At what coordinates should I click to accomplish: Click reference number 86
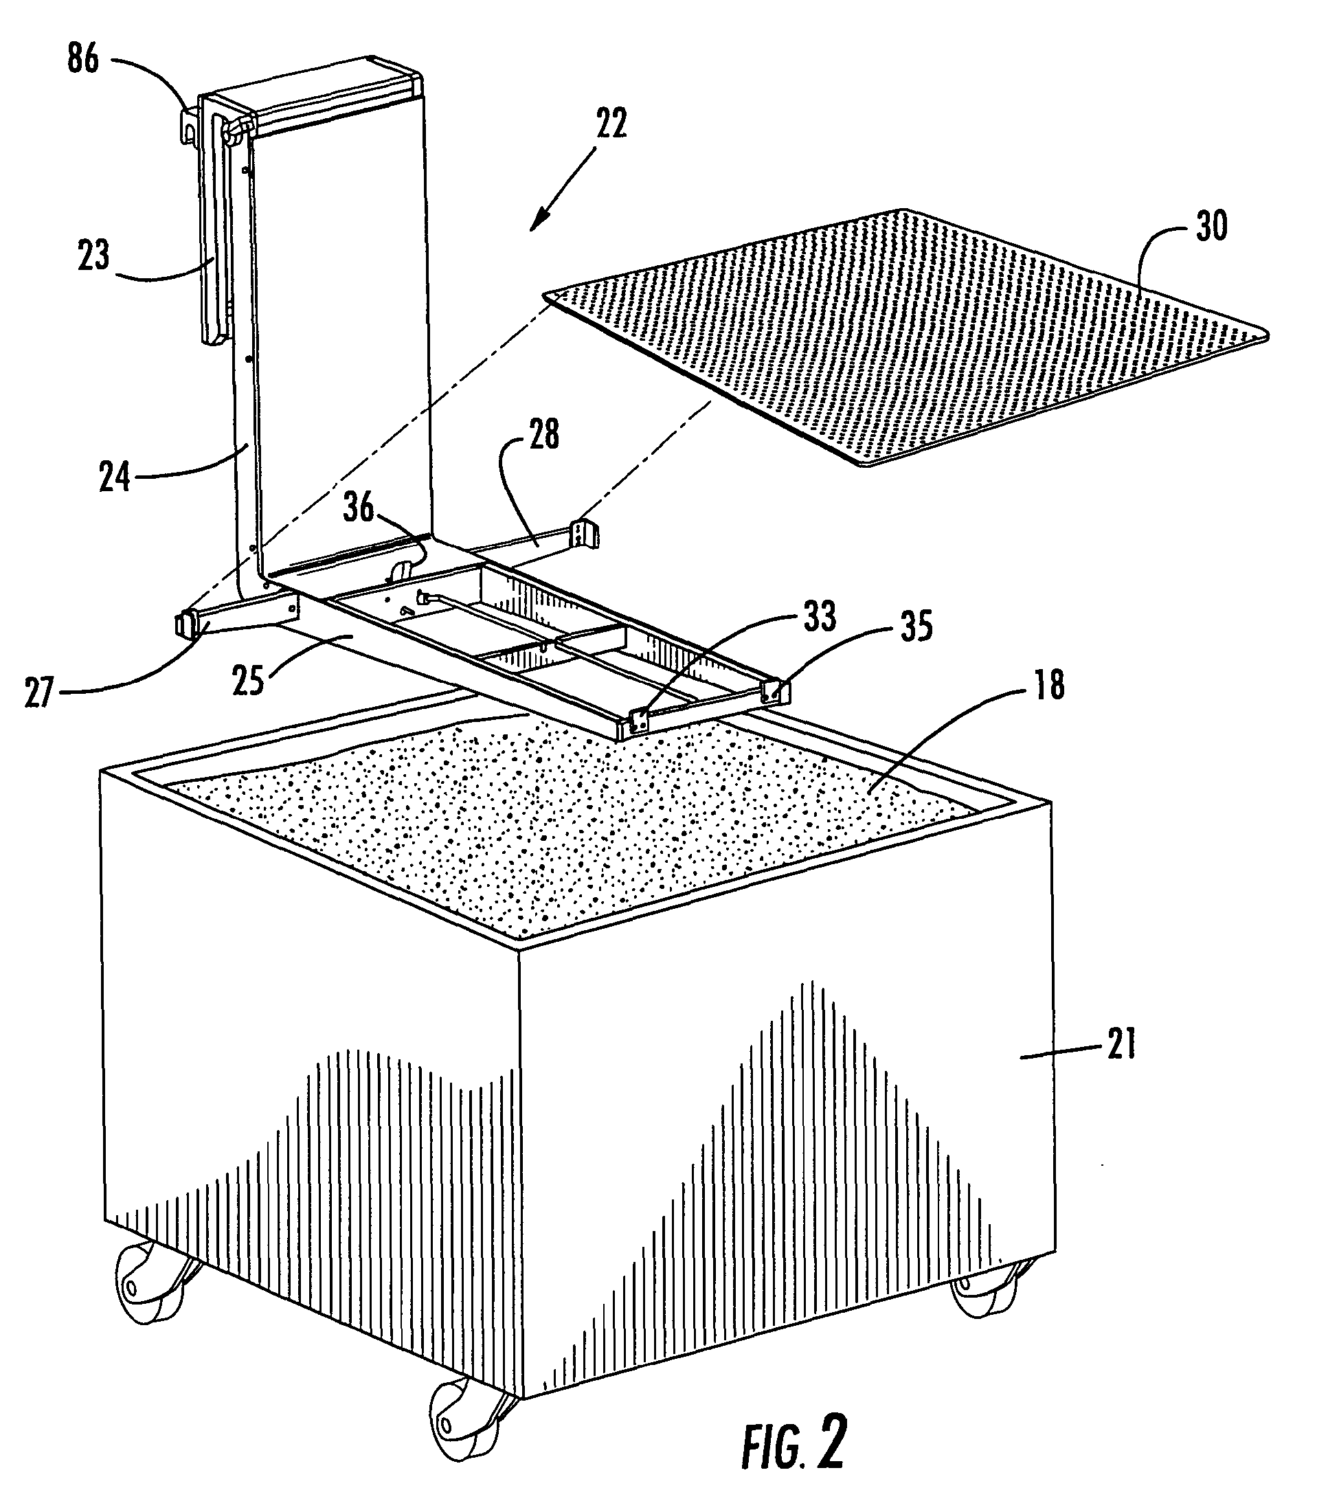pyautogui.click(x=82, y=58)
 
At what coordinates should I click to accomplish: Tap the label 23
pyautogui.click(x=93, y=256)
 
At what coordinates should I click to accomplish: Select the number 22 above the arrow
pyautogui.click(x=611, y=124)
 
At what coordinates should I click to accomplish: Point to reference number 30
pyautogui.click(x=1211, y=227)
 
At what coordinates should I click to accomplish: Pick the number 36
pyautogui.click(x=359, y=508)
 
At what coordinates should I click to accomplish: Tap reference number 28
pyautogui.click(x=543, y=434)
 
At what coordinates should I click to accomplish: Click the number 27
pyautogui.click(x=40, y=694)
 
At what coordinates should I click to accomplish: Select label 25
pyautogui.click(x=248, y=681)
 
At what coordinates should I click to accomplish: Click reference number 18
pyautogui.click(x=1048, y=685)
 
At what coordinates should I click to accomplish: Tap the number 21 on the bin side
pyautogui.click(x=1121, y=1045)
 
